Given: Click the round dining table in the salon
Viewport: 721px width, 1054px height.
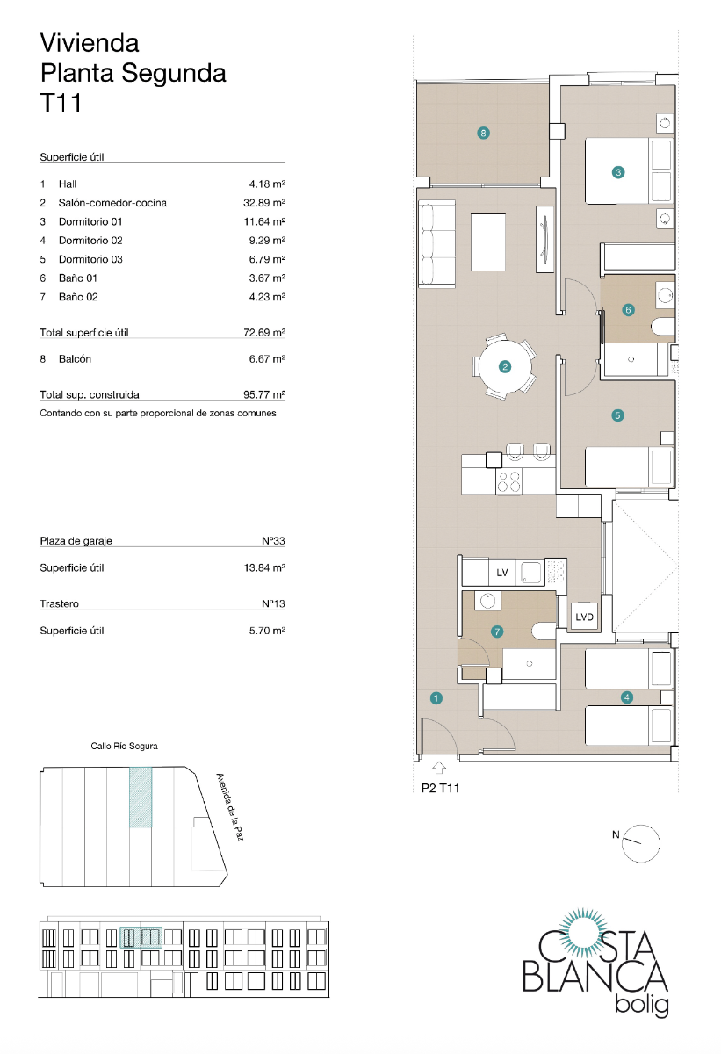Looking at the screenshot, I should pyautogui.click(x=505, y=367).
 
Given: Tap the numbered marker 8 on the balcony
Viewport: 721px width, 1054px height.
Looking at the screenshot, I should pyautogui.click(x=483, y=134).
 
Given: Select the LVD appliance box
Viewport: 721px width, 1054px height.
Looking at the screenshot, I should pyautogui.click(x=585, y=617).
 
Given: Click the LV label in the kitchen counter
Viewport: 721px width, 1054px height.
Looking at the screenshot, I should pyautogui.click(x=502, y=573).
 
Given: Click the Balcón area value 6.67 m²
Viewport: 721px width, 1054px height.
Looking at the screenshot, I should pyautogui.click(x=268, y=359).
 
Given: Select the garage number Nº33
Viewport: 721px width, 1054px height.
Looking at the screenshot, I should pyautogui.click(x=274, y=541).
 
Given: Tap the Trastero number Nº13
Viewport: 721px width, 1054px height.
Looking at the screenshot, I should pyautogui.click(x=274, y=604).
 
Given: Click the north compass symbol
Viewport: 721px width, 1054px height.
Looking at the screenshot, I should pyautogui.click(x=640, y=841).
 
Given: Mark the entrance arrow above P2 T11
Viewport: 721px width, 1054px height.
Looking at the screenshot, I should pyautogui.click(x=437, y=769).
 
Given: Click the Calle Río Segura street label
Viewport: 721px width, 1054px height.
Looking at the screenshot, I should pyautogui.click(x=124, y=746).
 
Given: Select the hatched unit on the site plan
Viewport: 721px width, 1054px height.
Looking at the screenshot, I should pyautogui.click(x=141, y=797).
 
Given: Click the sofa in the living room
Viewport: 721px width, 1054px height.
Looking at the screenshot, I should pyautogui.click(x=436, y=243).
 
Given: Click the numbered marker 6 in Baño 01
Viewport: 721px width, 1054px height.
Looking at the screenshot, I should pyautogui.click(x=627, y=309).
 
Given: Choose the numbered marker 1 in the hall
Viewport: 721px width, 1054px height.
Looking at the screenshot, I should pyautogui.click(x=436, y=698).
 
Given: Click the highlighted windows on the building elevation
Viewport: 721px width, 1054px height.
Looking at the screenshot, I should pyautogui.click(x=141, y=938).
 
